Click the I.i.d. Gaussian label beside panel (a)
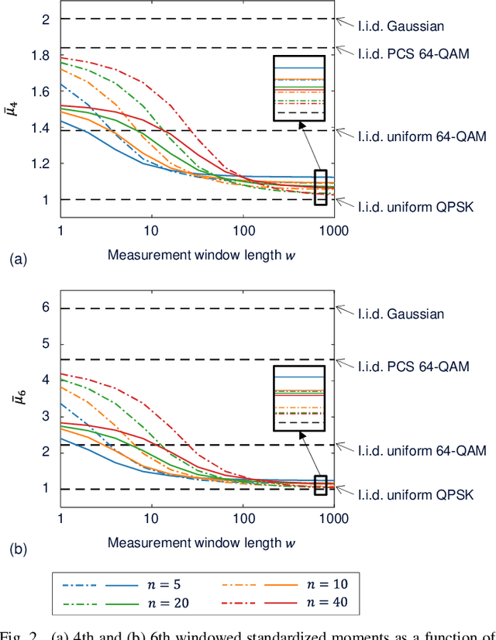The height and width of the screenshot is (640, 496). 401,26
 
